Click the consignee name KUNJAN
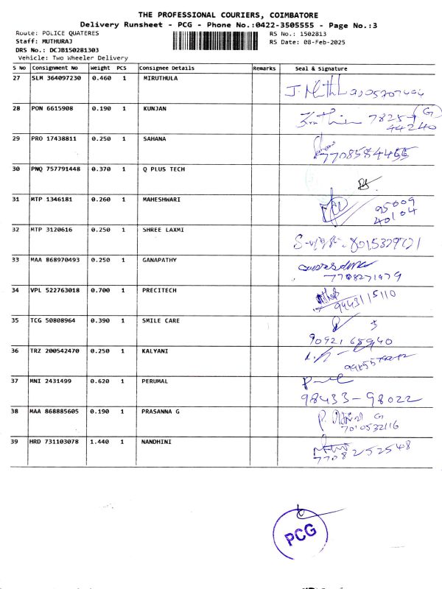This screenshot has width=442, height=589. [x=155, y=108]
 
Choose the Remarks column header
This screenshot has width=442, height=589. [x=264, y=68]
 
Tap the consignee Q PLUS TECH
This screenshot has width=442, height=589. [x=164, y=169]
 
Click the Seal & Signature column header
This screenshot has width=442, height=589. [x=321, y=68]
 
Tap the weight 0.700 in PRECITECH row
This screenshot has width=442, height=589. [x=100, y=290]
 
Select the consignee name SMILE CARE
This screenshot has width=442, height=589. [x=161, y=320]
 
